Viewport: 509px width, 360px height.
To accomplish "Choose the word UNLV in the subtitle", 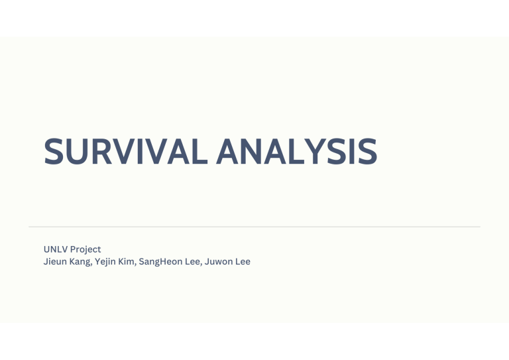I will pos(55,249).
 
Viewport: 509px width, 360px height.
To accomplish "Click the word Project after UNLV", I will pos(85,249).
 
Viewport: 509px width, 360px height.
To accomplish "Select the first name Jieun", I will pos(54,262).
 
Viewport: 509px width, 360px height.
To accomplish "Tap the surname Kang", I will pos(80,262).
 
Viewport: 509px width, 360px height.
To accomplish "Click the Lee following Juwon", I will pos(243,262).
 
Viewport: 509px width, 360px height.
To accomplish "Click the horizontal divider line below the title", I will pos(254,227).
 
